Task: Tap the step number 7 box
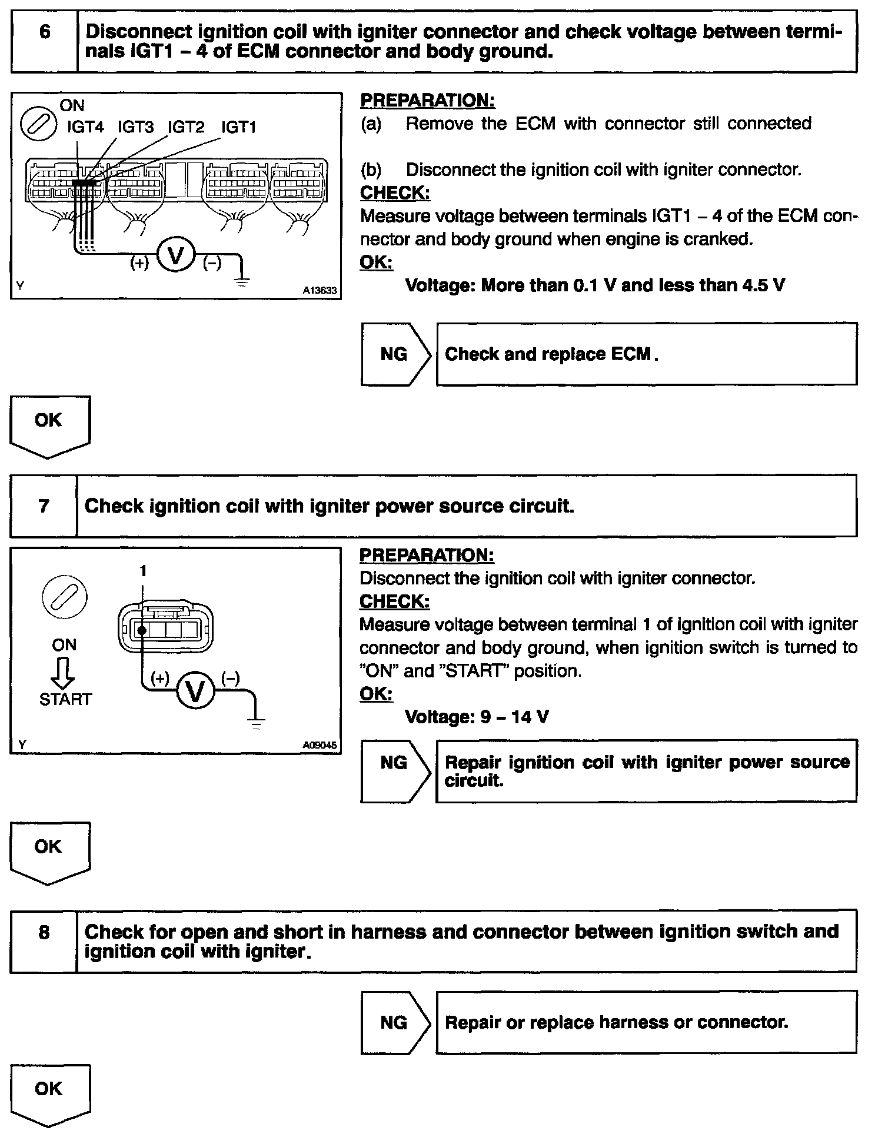point(44,506)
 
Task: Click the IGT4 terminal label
point(85,127)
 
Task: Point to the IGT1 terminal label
point(238,127)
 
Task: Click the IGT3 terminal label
point(135,127)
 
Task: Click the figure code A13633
point(320,290)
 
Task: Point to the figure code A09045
point(320,745)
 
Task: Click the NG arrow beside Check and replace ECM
point(395,354)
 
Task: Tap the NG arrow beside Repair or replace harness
point(395,1022)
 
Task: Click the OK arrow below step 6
point(49,425)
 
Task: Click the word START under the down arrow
point(65,699)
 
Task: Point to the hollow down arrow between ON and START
point(63,672)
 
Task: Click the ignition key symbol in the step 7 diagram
point(65,597)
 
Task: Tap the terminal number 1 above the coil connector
point(142,570)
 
